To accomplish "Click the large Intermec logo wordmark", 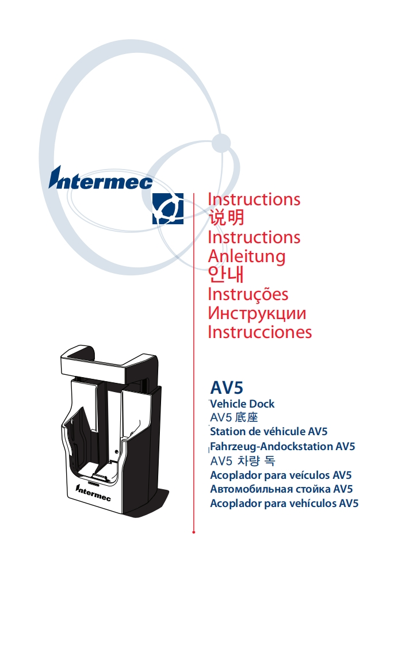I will pos(101,179).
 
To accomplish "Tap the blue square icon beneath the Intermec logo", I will pos(168,209).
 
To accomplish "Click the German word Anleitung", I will pos(246,256).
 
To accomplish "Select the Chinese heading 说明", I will pos(226,218).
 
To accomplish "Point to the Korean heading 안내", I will pos(226,275).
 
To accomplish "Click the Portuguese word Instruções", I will pos(248,294).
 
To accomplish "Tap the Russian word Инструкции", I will pos(257,313).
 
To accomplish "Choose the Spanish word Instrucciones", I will pos(259,332).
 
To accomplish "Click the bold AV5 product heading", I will pos(227,387).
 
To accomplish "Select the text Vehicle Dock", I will pos(242,404).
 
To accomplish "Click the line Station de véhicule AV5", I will pos(269,432).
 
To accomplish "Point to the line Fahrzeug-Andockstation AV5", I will pos(282,446).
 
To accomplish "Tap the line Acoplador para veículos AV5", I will pos(281,475).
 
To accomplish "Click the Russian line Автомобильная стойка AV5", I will pos(281,490).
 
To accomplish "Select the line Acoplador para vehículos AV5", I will pos(284,504).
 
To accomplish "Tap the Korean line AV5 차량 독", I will pos(243,461).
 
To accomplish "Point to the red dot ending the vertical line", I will pos(194,532).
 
